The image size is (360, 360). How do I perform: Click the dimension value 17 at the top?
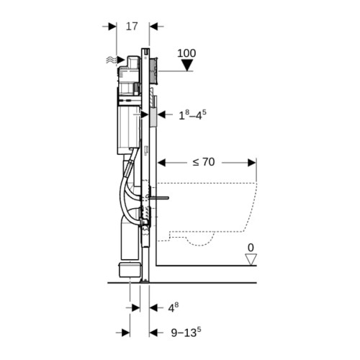132,27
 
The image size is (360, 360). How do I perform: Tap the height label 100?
186,53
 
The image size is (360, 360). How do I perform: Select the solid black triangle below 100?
187,66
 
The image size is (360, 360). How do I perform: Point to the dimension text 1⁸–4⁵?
192,115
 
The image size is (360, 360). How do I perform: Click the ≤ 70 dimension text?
204,162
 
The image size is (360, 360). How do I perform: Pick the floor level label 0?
251,248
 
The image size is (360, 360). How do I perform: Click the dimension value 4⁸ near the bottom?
173,307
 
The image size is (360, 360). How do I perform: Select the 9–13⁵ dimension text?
186,333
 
